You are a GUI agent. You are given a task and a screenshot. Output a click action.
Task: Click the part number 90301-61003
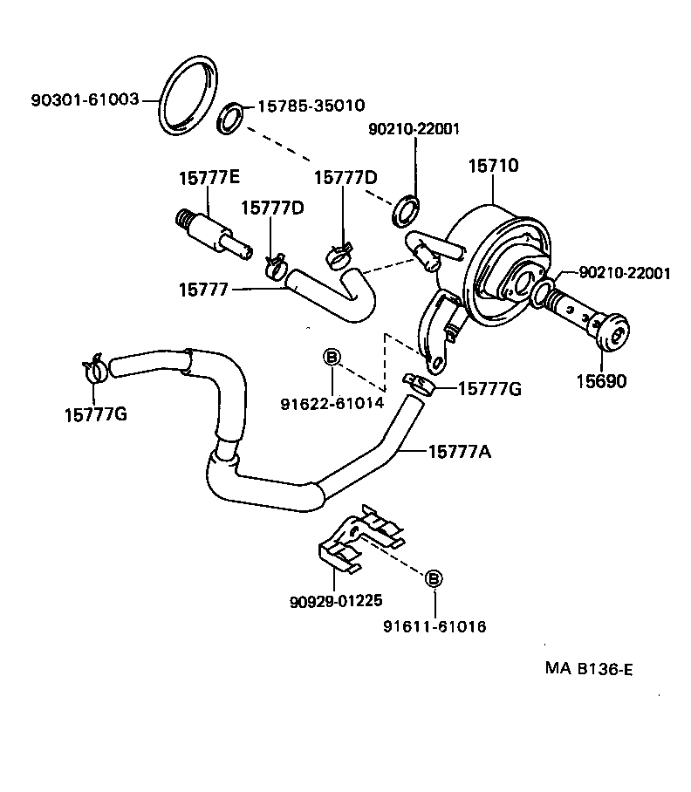(85, 99)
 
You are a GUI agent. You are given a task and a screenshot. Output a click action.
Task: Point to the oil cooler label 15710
(493, 164)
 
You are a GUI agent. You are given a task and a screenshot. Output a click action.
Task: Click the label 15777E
(209, 177)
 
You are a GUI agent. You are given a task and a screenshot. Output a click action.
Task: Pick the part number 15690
(603, 381)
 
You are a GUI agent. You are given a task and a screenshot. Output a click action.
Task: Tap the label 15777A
(462, 451)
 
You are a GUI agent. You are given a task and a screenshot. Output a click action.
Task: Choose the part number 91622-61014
(331, 403)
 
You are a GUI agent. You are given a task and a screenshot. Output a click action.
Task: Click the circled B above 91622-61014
(332, 356)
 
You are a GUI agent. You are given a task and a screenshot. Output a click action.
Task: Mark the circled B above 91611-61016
(434, 578)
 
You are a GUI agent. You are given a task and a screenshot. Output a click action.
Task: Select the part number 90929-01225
(336, 601)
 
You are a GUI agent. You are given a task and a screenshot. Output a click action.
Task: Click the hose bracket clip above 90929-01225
(359, 539)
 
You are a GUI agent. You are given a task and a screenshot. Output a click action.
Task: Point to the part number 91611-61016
(434, 626)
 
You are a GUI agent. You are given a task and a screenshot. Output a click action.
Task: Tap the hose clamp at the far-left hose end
(95, 369)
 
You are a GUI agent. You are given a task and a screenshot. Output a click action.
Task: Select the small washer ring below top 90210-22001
(406, 210)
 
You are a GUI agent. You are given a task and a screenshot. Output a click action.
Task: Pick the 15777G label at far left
(96, 413)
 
